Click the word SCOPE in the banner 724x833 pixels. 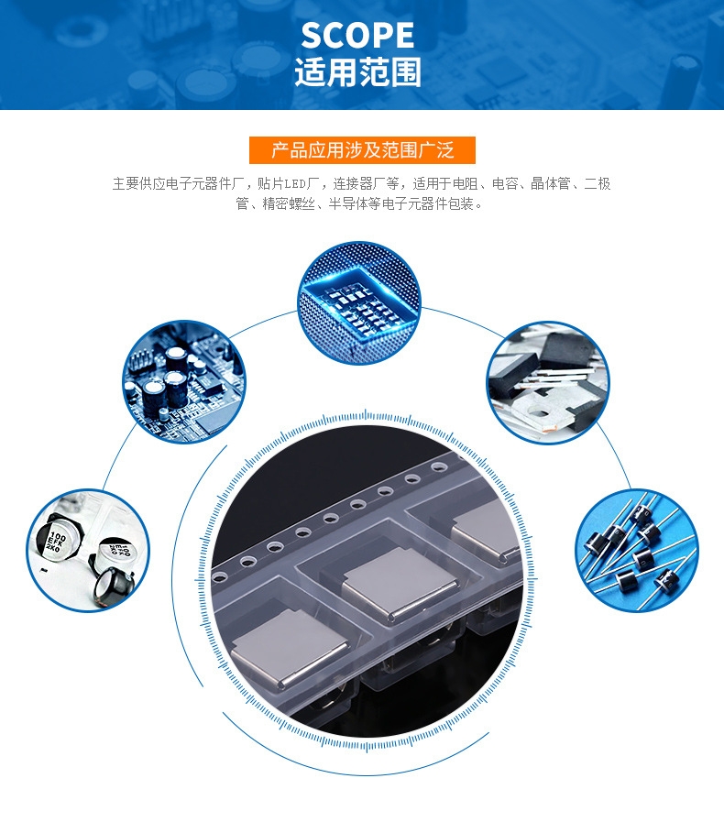pyautogui.click(x=357, y=36)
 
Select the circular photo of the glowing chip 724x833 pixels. pyautogui.click(x=360, y=302)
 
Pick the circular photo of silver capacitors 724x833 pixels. pyautogui.click(x=87, y=550)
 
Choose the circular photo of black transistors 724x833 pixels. pyautogui.click(x=547, y=382)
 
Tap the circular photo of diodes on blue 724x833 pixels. pyautogui.click(x=636, y=549)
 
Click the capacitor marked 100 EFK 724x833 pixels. pyautogui.click(x=57, y=541)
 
